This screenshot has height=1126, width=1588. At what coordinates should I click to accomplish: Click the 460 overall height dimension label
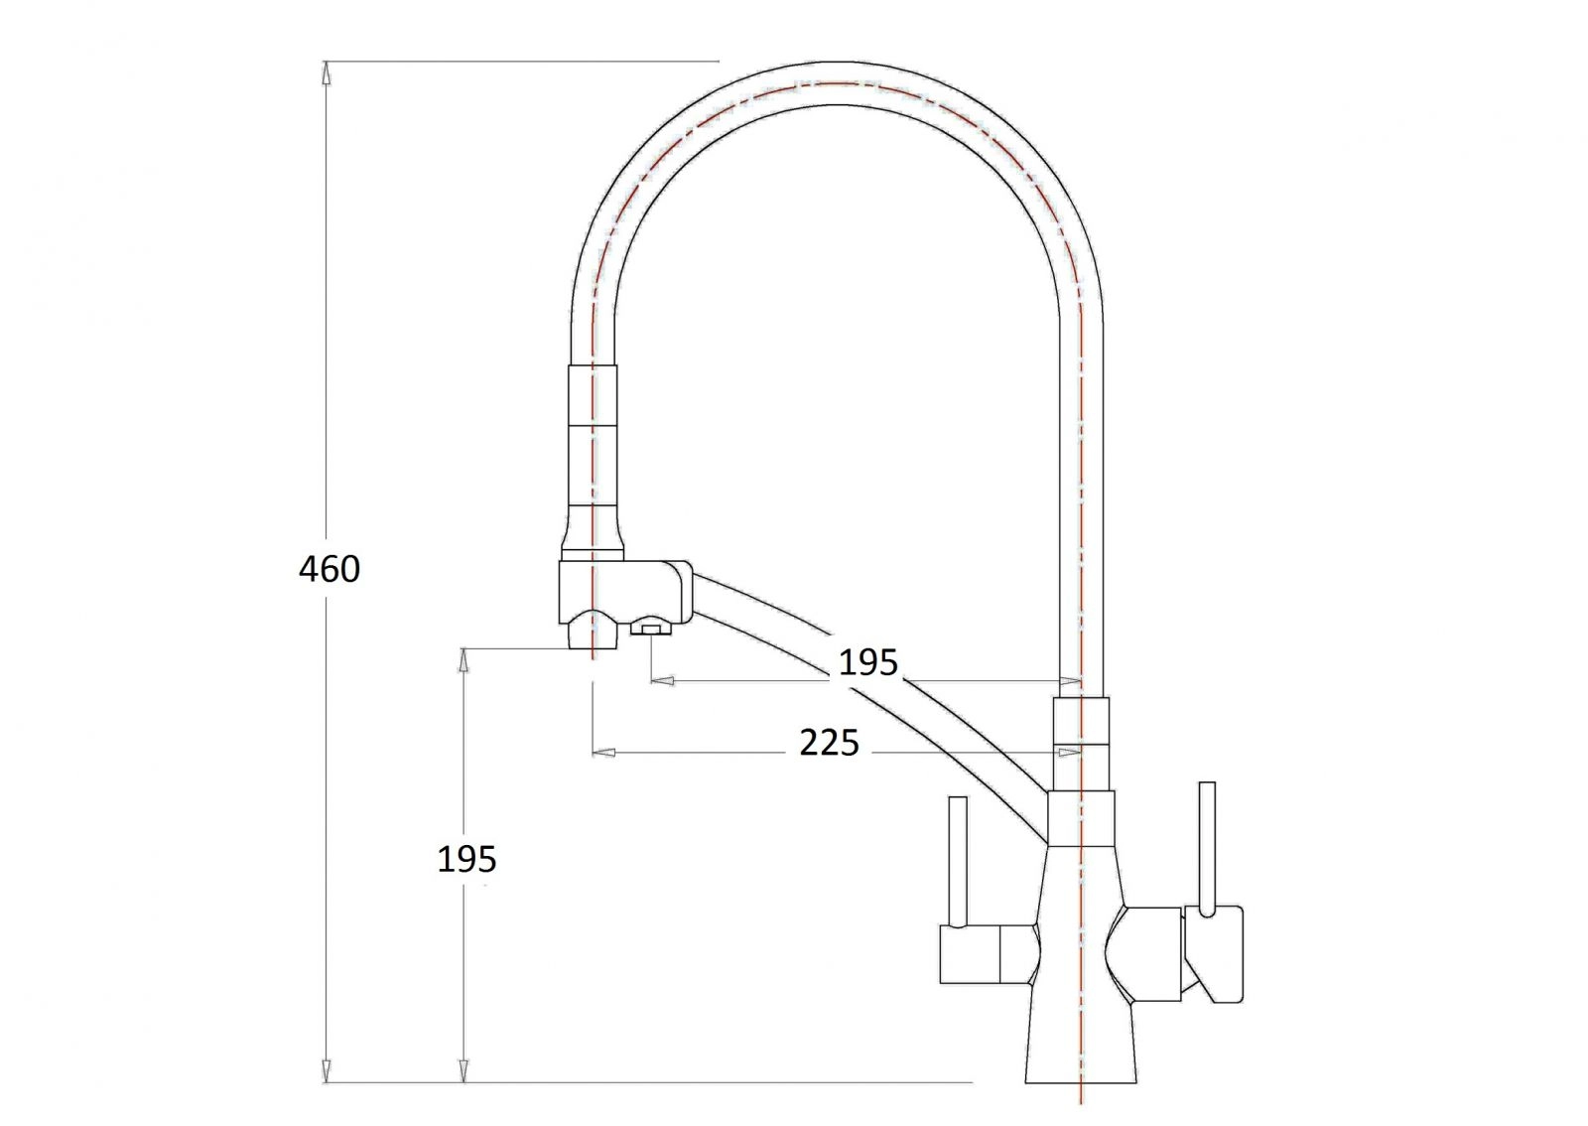(329, 569)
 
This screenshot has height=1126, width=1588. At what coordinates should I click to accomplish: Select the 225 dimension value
(829, 743)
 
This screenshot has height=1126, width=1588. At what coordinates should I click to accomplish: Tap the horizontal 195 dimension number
(867, 662)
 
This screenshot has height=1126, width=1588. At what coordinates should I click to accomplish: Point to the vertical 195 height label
(466, 859)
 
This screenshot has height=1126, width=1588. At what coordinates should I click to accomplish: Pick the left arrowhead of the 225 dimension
(604, 751)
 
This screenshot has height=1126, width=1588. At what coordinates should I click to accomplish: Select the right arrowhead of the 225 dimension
(1069, 751)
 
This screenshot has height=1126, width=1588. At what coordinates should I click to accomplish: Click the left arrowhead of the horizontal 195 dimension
(662, 681)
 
